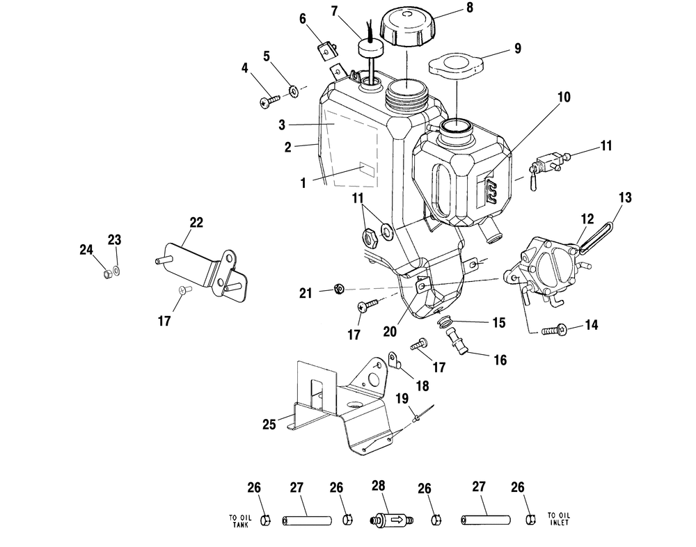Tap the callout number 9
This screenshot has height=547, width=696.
pos(518,49)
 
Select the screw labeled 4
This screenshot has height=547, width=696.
pos(269,101)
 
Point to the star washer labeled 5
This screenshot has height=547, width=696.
pos(294,91)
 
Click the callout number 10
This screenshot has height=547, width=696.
pos(564,97)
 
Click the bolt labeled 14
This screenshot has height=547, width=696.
pos(555,330)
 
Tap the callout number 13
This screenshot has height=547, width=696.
pos(625,197)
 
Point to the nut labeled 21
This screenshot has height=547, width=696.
pos(339,289)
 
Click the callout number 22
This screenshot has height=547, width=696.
pos(196,223)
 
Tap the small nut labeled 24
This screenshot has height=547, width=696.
pos(106,274)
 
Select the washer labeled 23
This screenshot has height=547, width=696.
pos(116,270)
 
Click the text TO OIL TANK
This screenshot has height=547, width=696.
pos(240,521)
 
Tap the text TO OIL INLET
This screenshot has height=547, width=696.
pos(559,519)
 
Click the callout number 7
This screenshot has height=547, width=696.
pos(335,10)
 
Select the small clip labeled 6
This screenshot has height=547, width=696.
pos(328,51)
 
